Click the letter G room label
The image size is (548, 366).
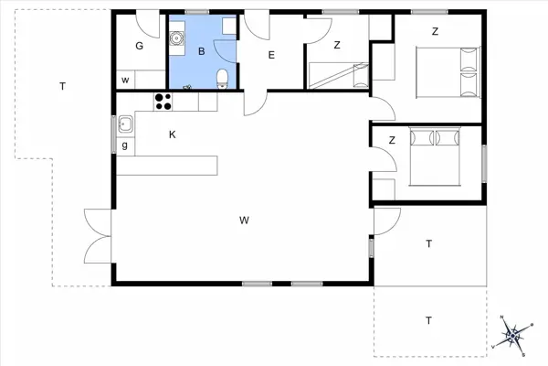coord(140,46)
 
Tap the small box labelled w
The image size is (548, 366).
coord(124,81)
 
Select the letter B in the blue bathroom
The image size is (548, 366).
coord(201,52)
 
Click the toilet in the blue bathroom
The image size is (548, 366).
coord(222,79)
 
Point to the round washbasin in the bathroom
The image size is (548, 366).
coord(178,40)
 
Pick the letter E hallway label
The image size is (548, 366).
coord(271,56)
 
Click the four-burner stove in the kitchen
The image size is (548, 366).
coord(164,101)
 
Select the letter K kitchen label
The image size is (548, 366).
coord(172,135)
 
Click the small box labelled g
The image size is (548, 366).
coord(124,146)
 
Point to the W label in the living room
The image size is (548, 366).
coord(244,220)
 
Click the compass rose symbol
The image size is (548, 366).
coord(514,334)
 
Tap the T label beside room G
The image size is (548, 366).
coord(62,87)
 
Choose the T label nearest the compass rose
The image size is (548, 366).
coord(427,320)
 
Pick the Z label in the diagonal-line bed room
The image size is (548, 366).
coord(336,45)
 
